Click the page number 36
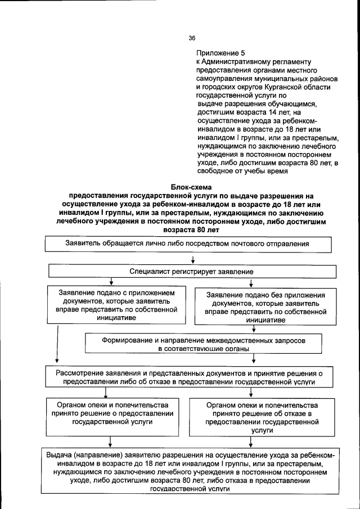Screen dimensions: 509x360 tap(192, 38)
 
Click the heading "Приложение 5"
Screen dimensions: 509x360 tap(220, 52)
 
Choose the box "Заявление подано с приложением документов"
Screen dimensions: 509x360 tap(117, 305)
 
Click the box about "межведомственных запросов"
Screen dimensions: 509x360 tap(203, 344)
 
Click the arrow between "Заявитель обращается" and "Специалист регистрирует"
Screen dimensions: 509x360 tap(192, 259)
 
